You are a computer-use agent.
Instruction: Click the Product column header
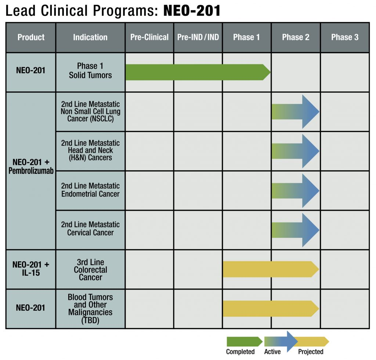click(31, 37)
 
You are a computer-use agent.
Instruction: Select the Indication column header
click(90, 37)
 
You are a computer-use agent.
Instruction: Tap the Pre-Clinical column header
click(149, 37)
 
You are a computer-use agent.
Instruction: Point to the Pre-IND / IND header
click(198, 37)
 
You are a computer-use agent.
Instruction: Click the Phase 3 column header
click(345, 37)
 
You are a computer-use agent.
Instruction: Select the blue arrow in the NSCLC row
click(296, 112)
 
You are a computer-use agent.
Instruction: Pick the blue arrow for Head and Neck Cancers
click(296, 151)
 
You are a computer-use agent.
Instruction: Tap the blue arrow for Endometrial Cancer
click(296, 190)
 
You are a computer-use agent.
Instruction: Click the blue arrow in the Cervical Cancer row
click(296, 230)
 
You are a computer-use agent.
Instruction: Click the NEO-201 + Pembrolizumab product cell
click(31, 166)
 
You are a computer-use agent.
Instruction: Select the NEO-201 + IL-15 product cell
click(31, 269)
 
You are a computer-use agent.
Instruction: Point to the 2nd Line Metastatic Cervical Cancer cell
click(90, 229)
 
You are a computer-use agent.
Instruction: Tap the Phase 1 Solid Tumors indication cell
click(90, 70)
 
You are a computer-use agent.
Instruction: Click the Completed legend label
click(240, 352)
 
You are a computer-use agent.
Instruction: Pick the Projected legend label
click(311, 352)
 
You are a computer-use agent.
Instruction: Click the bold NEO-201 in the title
click(192, 11)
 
